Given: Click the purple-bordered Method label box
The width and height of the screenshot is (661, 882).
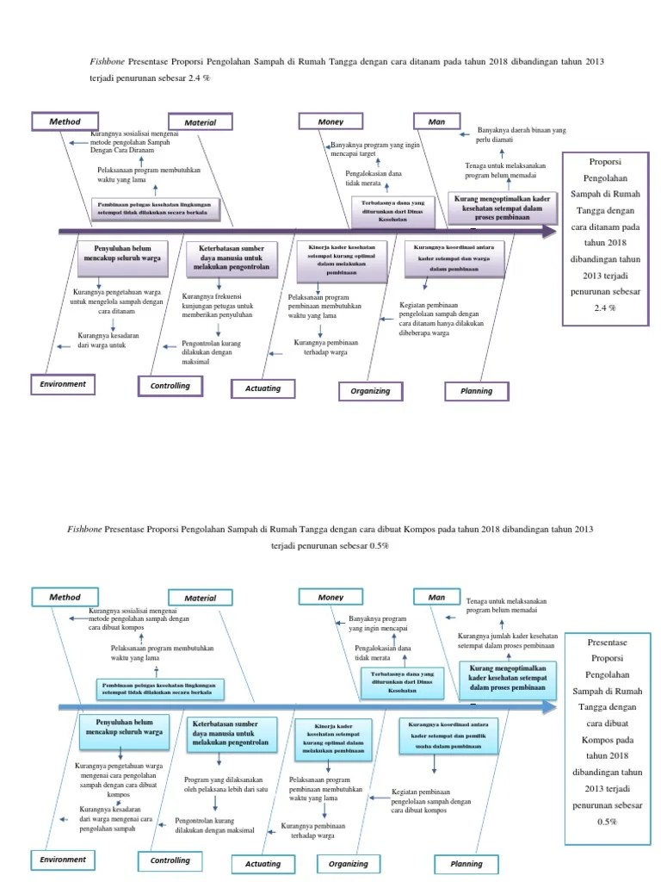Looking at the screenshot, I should click(x=65, y=122).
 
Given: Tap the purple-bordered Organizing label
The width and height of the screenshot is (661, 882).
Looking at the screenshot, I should click(x=370, y=391).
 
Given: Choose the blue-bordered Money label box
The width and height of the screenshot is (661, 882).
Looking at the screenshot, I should click(x=330, y=596).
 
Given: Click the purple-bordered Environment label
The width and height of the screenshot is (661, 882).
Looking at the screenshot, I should click(x=62, y=384).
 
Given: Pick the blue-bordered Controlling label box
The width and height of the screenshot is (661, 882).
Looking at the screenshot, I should click(x=170, y=860).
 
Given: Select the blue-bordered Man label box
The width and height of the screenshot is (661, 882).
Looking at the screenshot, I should click(x=437, y=596).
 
